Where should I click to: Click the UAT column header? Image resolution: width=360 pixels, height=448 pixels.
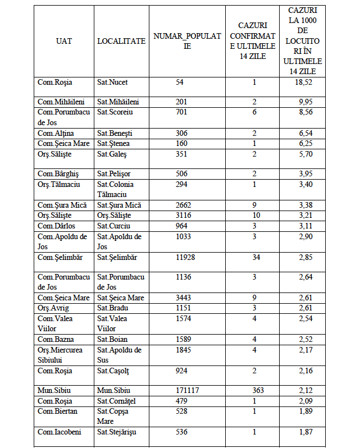click(x=63, y=41)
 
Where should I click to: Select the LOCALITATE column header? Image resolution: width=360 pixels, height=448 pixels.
click(x=121, y=41)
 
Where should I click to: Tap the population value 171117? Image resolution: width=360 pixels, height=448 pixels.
click(x=188, y=390)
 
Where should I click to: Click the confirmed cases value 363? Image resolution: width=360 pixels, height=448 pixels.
click(x=254, y=390)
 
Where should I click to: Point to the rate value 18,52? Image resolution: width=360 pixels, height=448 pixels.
click(x=305, y=83)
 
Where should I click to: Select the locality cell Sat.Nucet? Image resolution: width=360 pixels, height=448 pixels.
click(x=112, y=83)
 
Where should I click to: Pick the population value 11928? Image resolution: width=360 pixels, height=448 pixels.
click(x=188, y=258)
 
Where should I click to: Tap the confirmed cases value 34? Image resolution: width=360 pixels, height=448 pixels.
click(x=254, y=258)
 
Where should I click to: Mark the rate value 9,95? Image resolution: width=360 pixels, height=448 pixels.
click(x=305, y=102)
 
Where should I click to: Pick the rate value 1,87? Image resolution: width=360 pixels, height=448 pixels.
click(x=305, y=432)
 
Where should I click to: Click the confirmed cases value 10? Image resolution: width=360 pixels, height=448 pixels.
click(x=254, y=216)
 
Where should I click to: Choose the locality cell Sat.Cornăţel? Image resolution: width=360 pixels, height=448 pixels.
click(x=117, y=401)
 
